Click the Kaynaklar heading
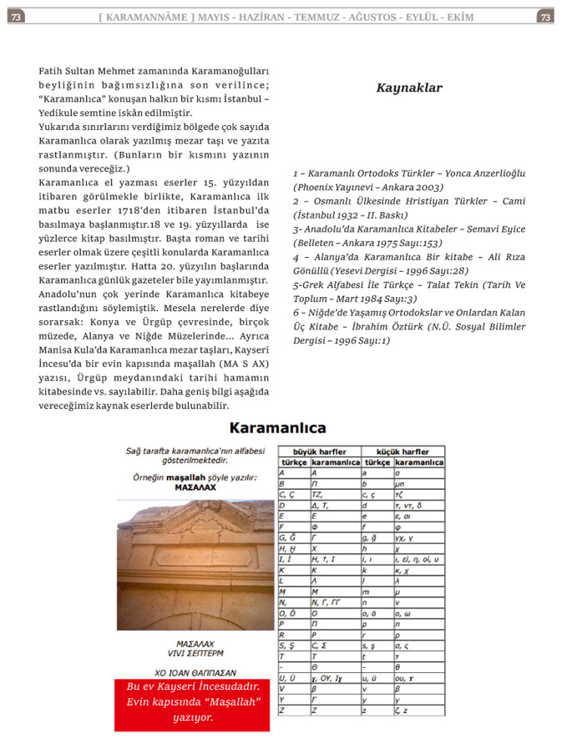coord(408,88)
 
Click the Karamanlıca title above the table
coord(277,429)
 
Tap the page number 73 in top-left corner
coord(17,16)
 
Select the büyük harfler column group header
coord(320,451)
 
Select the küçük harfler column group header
coord(403,451)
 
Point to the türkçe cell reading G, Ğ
coord(293,538)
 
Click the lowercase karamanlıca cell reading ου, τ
coord(419,679)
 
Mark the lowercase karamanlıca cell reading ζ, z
coord(419,711)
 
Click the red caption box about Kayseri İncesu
coord(192,706)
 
